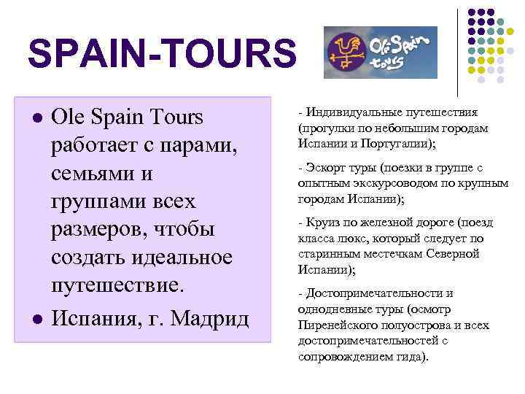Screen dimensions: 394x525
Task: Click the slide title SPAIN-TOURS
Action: tap(162, 54)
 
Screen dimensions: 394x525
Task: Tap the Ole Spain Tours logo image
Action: tap(380, 53)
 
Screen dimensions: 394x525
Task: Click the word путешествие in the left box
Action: tap(116, 285)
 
